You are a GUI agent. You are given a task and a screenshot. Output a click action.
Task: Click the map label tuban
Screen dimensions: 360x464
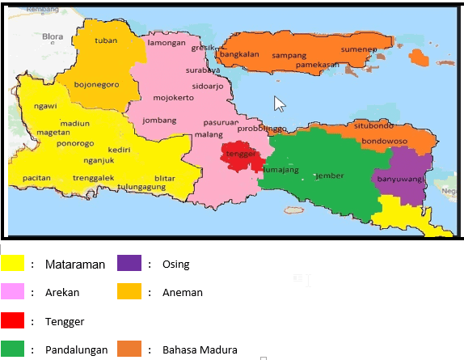[106, 40]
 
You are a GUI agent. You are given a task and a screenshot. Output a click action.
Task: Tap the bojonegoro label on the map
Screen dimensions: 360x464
[96, 84]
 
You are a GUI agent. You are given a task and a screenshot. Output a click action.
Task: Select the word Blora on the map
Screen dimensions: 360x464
[53, 36]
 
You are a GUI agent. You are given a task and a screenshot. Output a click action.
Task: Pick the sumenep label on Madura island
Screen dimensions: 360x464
[359, 50]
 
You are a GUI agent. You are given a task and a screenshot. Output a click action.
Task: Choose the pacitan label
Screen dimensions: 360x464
[37, 177]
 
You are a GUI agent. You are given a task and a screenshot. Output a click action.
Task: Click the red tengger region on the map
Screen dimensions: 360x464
[241, 156]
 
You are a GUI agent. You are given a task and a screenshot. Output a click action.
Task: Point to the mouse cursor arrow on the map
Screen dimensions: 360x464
[280, 103]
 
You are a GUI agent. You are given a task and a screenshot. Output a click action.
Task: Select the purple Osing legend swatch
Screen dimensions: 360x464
[129, 264]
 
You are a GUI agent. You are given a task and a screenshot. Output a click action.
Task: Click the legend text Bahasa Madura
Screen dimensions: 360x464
[200, 349]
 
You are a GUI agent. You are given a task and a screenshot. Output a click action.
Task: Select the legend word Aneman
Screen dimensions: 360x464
[183, 292]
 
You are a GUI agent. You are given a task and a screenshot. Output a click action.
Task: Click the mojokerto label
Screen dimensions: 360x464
[173, 98]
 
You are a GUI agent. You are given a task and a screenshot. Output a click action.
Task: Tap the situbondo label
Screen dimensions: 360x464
[373, 126]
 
